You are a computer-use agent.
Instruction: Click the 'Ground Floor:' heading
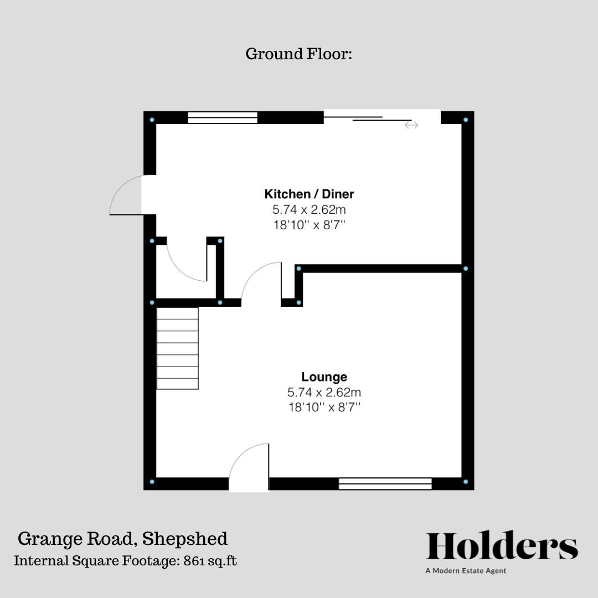(298, 54)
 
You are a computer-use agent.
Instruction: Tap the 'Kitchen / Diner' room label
(309, 194)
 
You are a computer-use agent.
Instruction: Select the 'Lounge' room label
(324, 377)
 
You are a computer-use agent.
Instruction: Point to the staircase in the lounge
(177, 348)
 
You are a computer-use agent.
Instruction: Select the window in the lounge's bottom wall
(385, 484)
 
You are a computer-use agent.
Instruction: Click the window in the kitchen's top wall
(223, 117)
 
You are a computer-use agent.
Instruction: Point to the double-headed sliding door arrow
(411, 125)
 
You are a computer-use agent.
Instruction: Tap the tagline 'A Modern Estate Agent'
(466, 571)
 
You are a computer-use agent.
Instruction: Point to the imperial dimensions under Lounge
(324, 408)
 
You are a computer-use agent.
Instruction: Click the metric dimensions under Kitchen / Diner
(309, 210)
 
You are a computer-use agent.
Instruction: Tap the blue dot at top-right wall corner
(466, 119)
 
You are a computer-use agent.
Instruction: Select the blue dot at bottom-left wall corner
(152, 482)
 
